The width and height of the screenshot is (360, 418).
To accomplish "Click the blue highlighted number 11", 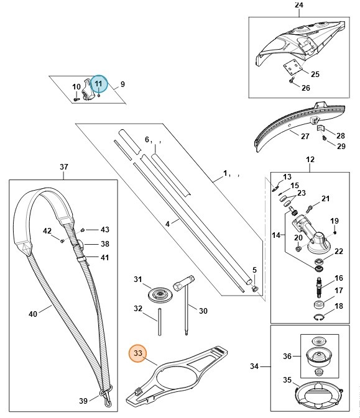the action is coord(98,84).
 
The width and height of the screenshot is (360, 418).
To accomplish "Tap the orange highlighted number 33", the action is coord(137,353).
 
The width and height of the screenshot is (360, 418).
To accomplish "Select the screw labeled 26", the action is coord(291,80).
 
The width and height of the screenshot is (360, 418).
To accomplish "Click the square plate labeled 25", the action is coord(293,66).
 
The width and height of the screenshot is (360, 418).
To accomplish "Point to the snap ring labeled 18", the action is coord(318,317).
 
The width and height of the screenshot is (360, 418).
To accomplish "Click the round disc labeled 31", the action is coord(160,295).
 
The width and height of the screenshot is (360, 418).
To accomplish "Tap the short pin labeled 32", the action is coord(160,322).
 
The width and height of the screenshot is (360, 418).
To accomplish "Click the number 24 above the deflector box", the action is coord(299,4).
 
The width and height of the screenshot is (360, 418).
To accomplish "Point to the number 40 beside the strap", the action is coord(33,314).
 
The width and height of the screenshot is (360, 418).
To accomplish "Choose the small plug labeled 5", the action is coord(255,288).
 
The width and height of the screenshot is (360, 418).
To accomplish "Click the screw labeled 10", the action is coord(76,99).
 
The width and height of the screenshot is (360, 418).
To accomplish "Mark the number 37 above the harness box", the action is coord(64,167).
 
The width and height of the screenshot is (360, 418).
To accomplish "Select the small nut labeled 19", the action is coord(335,233).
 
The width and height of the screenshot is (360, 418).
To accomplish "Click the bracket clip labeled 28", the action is coord(320,129).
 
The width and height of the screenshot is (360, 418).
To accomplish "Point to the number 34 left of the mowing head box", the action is coord(254,366).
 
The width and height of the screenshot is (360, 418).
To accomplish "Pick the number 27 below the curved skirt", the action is coord(305,136).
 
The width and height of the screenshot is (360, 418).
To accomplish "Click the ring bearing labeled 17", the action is coord(318,304).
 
